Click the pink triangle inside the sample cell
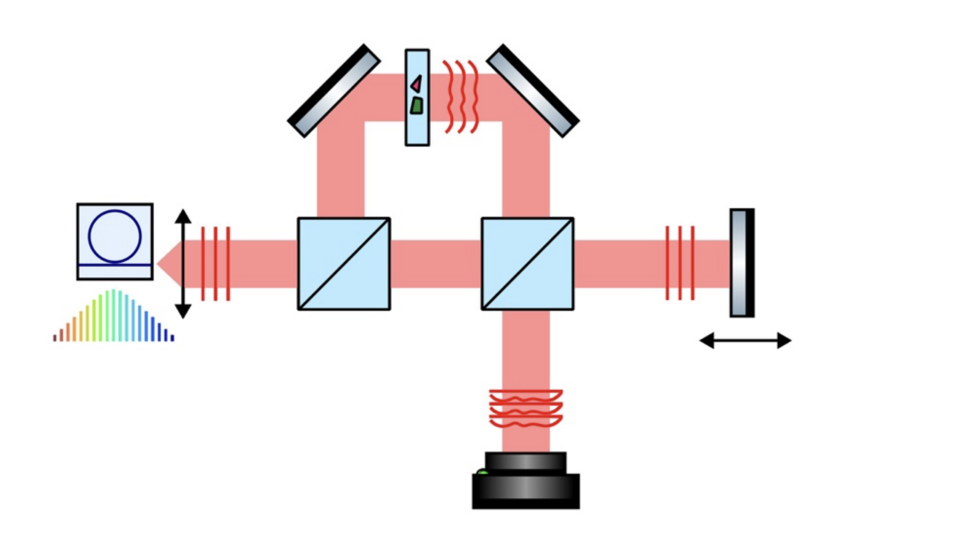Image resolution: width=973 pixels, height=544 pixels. [417, 84]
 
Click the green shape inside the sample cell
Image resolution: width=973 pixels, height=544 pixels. [417, 106]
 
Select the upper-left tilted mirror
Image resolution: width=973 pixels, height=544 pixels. [334, 91]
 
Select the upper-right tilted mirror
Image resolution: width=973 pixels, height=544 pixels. [533, 91]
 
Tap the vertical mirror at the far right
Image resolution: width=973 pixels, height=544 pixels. [742, 262]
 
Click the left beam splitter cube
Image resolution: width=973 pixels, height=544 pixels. [344, 264]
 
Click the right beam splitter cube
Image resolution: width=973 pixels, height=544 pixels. [527, 264]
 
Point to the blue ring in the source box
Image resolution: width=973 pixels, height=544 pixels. [114, 236]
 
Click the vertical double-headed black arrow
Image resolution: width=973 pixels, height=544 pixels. [183, 263]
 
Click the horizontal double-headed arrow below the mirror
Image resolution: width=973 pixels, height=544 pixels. [745, 340]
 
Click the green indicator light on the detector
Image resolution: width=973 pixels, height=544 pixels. [482, 472]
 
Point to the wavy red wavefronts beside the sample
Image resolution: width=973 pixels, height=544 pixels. [460, 97]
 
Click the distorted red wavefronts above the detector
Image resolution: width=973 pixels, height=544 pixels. [526, 408]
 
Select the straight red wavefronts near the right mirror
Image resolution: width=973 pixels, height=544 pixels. [680, 263]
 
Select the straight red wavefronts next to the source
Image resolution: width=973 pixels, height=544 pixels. [215, 263]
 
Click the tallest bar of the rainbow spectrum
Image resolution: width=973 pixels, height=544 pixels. [113, 315]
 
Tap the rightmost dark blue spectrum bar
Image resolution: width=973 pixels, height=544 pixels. [172, 338]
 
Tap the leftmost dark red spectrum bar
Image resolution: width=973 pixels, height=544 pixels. [55, 338]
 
